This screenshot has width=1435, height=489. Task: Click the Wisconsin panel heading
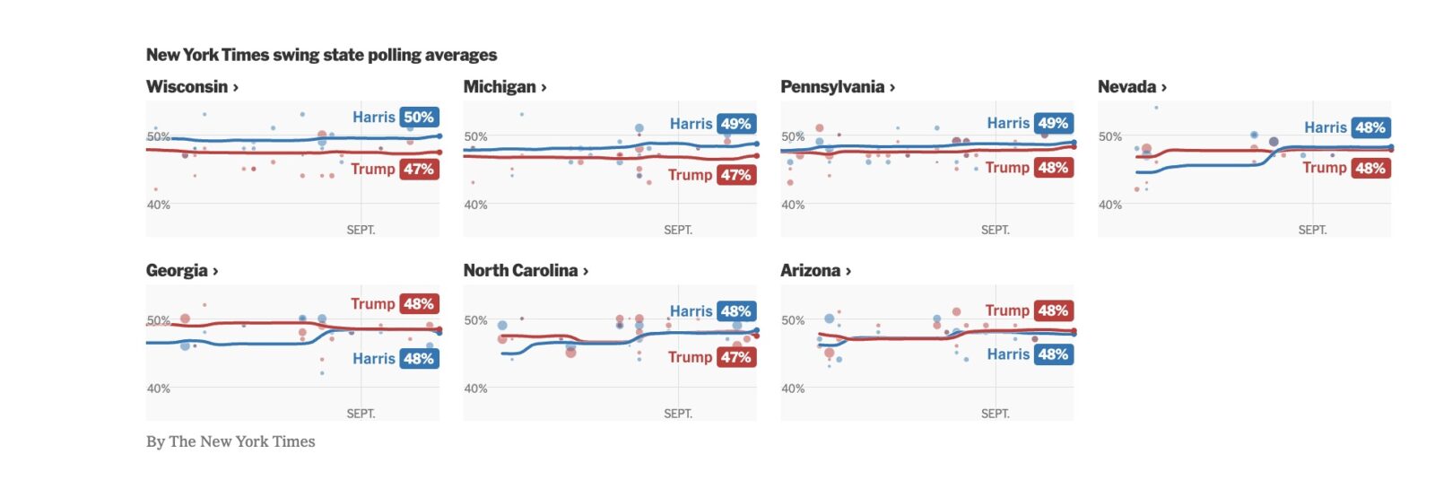click(x=192, y=87)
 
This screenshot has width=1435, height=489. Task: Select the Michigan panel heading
click(x=505, y=87)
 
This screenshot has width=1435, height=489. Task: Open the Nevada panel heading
click(x=1132, y=87)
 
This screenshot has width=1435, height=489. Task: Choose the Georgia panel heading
click(x=182, y=271)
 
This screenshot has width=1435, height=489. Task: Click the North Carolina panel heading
click(x=526, y=271)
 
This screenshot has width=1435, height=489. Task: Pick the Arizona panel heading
click(x=815, y=271)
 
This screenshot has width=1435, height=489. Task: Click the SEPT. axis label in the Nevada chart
click(x=1312, y=231)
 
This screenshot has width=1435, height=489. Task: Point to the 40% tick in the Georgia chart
click(x=159, y=389)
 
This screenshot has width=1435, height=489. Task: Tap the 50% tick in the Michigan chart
click(x=476, y=137)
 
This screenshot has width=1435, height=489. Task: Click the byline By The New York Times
click(x=230, y=441)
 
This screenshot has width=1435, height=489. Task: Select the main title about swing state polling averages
click(x=321, y=55)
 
